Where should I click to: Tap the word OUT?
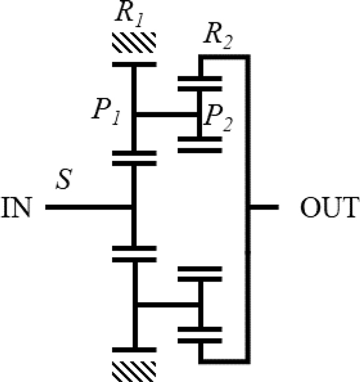click(x=328, y=208)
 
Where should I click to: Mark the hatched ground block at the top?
click(x=134, y=41)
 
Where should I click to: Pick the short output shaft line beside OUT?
click(x=263, y=208)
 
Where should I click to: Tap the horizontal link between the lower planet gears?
click(x=166, y=305)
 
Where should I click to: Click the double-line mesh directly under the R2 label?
click(x=200, y=83)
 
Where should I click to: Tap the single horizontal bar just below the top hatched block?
click(x=134, y=64)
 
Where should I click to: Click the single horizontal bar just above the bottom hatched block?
click(x=134, y=349)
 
